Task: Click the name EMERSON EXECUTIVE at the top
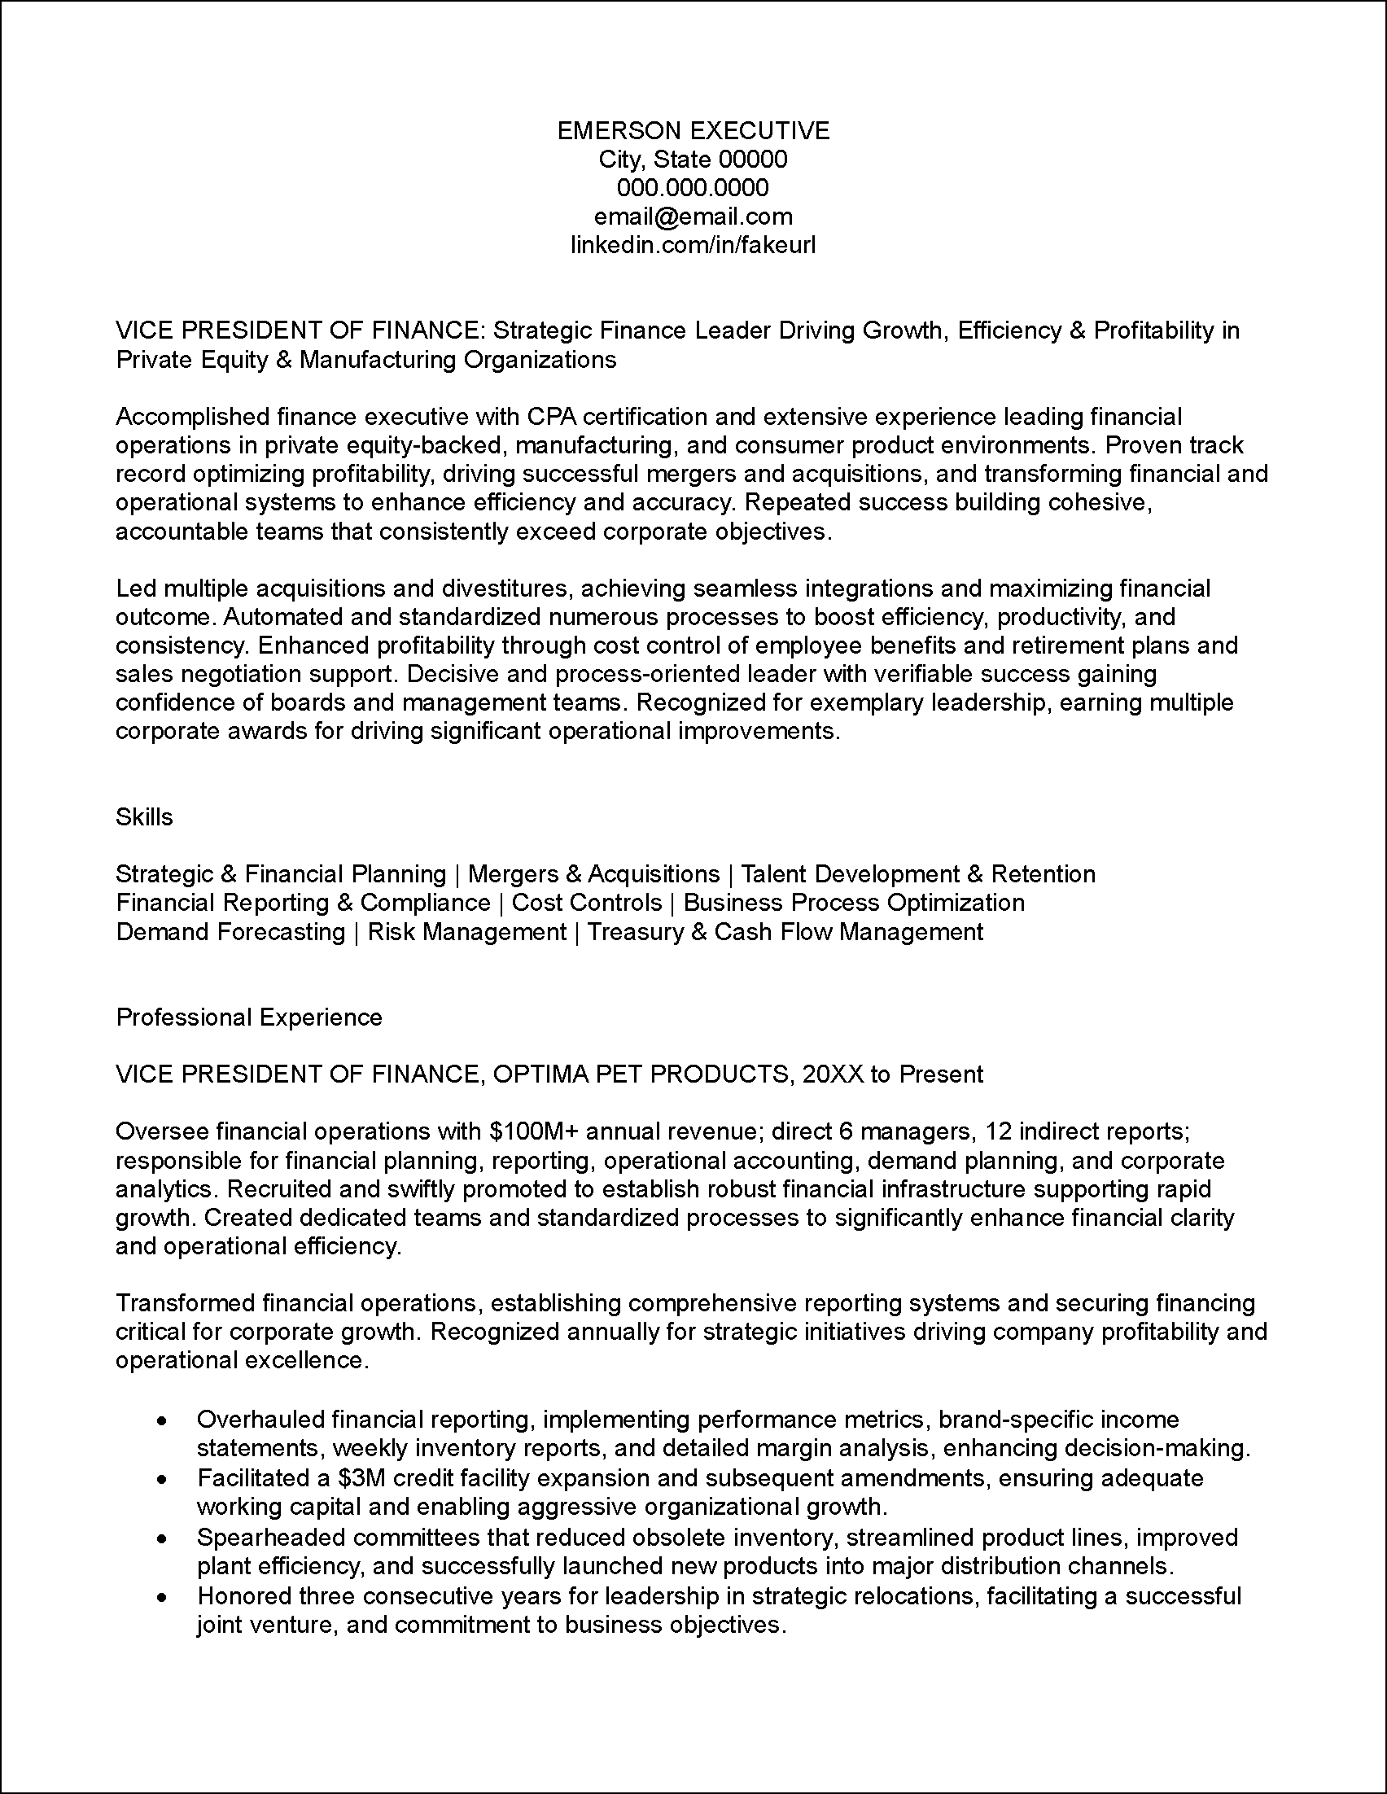click(x=693, y=130)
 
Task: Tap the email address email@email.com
click(x=693, y=217)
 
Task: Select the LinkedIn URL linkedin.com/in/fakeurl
click(x=693, y=245)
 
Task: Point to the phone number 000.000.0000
click(x=693, y=188)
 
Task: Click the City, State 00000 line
click(x=693, y=160)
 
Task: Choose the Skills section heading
click(x=145, y=816)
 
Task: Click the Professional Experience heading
click(x=249, y=1017)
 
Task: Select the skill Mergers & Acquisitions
click(x=593, y=874)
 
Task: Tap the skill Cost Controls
click(x=586, y=903)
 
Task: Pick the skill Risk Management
click(x=466, y=931)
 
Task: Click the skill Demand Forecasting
click(x=230, y=931)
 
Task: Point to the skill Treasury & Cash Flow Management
click(x=785, y=931)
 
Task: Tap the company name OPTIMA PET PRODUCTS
click(x=637, y=1074)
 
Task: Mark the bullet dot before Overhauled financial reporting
click(x=164, y=1420)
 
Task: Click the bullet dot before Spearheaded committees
click(x=164, y=1538)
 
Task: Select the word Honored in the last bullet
click(x=243, y=1596)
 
